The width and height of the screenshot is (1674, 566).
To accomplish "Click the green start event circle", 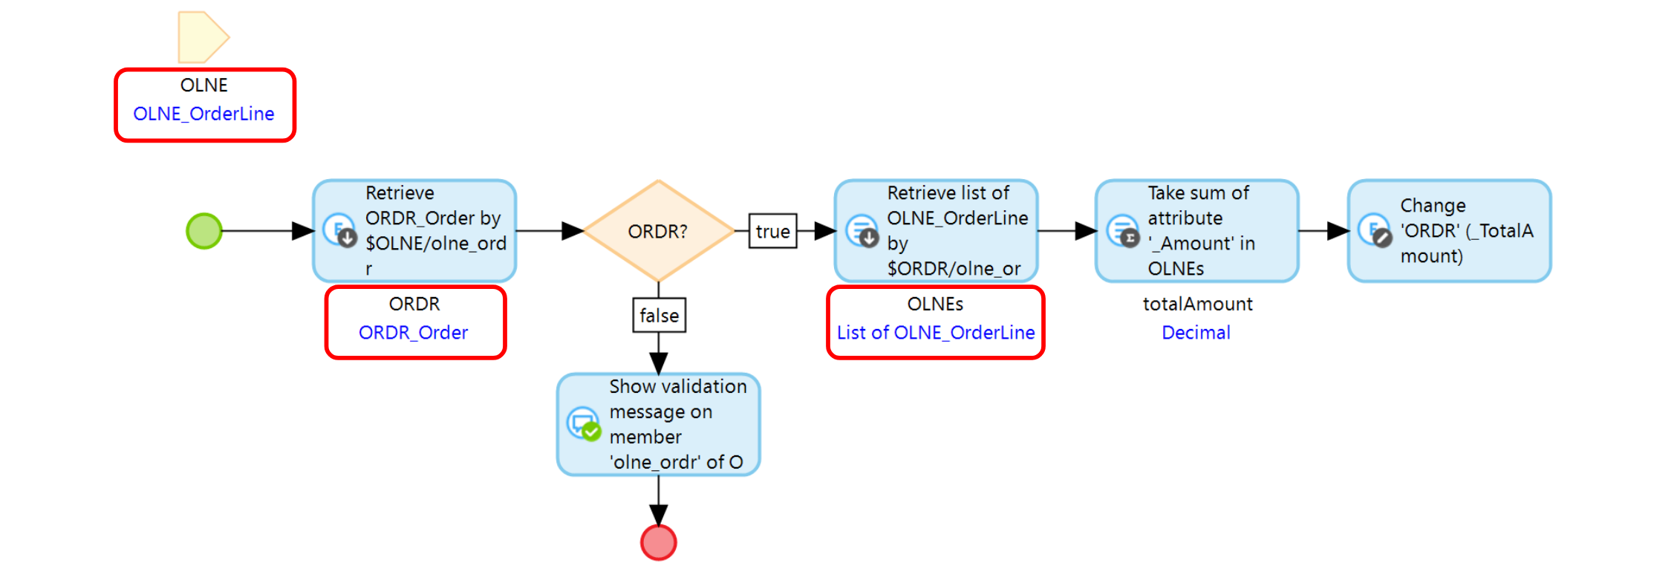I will coord(204,231).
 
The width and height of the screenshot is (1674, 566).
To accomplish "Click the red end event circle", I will coord(658,542).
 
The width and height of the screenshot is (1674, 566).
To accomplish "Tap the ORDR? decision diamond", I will coord(658,231).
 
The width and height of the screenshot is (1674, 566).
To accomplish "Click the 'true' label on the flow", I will coord(772,231).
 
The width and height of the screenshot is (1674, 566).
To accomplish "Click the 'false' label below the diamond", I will coord(659,316).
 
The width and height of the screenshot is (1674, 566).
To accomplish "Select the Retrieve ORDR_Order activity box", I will coord(414,231).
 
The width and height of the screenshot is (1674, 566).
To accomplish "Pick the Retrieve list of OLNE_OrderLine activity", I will coord(936,231).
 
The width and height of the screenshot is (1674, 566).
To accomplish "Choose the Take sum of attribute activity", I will coord(1196,231).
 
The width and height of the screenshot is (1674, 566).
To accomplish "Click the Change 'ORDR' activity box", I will coord(1449,231).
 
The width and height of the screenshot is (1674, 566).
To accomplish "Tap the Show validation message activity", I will coord(659,425).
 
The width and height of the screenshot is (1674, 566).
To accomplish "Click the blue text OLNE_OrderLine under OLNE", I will coord(203,114).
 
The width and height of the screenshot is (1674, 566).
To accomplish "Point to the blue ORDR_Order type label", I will coord(413,333).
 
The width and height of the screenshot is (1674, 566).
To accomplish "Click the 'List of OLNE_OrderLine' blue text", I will coord(936,333).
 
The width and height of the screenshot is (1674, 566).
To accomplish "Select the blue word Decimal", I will coord(1196,333).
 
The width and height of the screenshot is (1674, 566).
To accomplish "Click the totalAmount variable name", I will coord(1197,304).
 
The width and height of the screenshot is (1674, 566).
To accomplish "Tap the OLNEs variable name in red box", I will coord(935,304).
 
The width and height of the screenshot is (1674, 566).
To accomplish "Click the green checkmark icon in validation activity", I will coord(591,432).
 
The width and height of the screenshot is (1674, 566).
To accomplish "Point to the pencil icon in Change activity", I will coord(1382,238).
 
